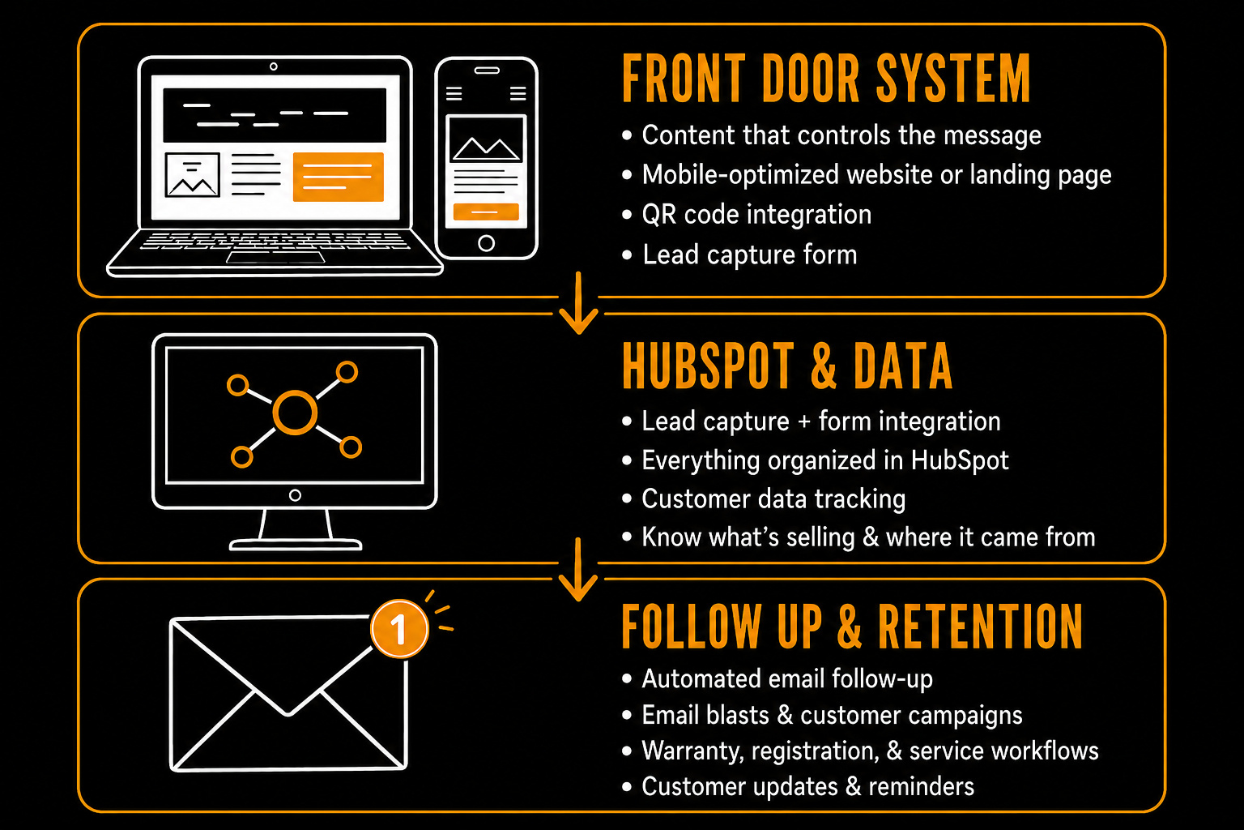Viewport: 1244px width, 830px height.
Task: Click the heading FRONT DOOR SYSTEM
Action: coord(826,79)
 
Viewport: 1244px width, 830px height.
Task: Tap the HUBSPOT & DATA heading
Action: coord(787,366)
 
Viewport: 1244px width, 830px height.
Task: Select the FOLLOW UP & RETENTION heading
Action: coord(853,627)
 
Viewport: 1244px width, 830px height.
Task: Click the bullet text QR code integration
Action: coord(756,215)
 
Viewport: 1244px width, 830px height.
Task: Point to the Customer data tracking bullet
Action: coord(773,498)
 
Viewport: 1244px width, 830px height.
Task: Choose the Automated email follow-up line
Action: coord(787,678)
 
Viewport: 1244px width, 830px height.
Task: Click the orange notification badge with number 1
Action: coord(399,629)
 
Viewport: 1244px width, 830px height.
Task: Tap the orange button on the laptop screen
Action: coord(339,176)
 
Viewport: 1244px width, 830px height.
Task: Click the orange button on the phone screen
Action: coord(486,212)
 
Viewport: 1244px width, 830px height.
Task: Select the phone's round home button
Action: coord(487,243)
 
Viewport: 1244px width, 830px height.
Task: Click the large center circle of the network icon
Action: coord(295,413)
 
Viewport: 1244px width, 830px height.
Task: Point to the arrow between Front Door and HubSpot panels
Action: coord(578,303)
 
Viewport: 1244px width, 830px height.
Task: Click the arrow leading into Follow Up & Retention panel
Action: coord(578,569)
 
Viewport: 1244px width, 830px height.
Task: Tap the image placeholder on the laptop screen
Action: coord(192,174)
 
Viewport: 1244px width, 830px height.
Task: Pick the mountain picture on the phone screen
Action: coord(486,139)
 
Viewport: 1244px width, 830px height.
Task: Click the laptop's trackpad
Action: coord(275,258)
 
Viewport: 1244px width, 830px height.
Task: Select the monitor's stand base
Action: coord(296,544)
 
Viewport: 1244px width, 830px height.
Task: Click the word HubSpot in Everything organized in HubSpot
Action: coord(960,460)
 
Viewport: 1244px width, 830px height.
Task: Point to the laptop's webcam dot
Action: coord(273,66)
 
